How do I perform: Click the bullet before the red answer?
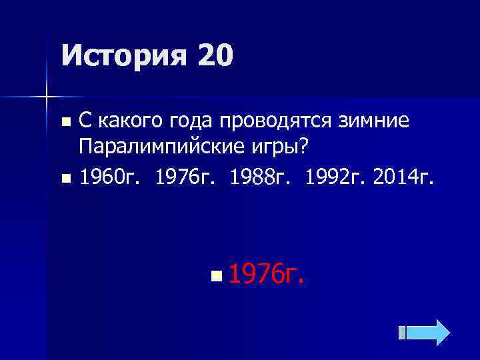[213, 274]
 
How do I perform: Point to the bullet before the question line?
[65, 122]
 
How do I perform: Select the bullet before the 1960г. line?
[65, 179]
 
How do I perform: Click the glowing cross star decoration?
[46, 97]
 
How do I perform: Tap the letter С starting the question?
[85, 121]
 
